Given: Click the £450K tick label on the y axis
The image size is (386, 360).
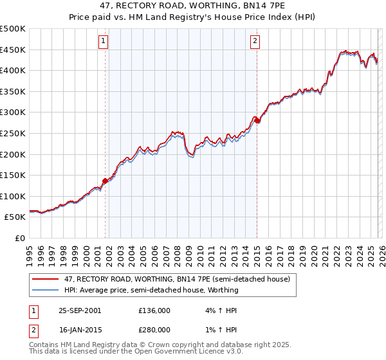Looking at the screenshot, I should [x=13, y=50].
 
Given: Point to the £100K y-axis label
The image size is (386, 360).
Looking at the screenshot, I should [x=13, y=196].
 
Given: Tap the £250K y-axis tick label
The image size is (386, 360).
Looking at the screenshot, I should [x=13, y=133].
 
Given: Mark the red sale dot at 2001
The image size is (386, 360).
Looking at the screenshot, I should [x=106, y=181].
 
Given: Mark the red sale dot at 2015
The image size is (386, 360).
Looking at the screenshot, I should [x=257, y=120].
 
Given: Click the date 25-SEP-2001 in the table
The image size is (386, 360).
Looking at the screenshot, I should [x=80, y=310].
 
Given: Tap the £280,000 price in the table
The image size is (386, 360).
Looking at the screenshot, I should [x=154, y=329].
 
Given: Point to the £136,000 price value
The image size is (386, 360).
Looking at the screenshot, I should [x=154, y=310].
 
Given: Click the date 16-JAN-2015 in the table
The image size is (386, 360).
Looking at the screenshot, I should [x=80, y=329].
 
